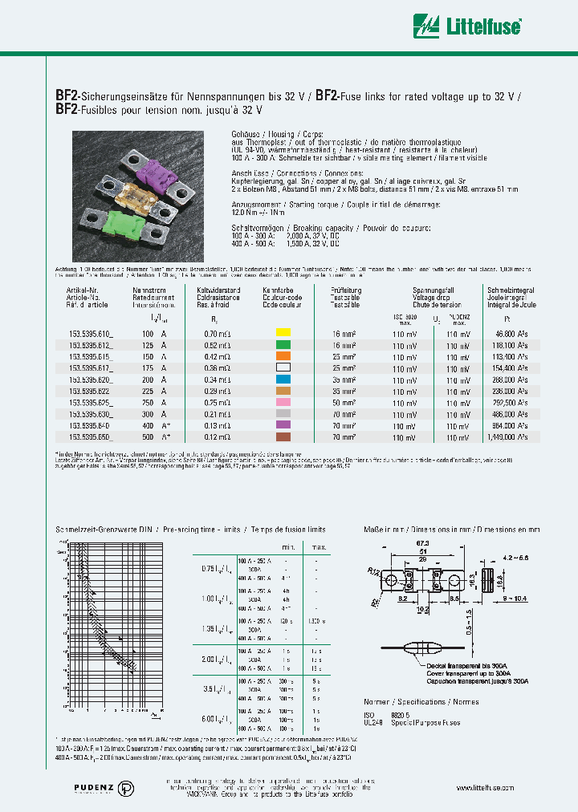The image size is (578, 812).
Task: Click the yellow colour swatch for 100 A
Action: coord(282,331)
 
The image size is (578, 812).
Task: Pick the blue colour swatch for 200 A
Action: coord(282,378)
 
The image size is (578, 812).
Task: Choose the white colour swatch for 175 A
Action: coord(282,367)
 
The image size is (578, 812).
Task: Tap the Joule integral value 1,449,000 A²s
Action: coord(506,437)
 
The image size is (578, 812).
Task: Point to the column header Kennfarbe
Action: coord(278,290)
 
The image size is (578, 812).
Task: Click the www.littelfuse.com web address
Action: coord(489,789)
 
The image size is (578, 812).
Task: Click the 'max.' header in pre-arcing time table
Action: coord(318,546)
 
